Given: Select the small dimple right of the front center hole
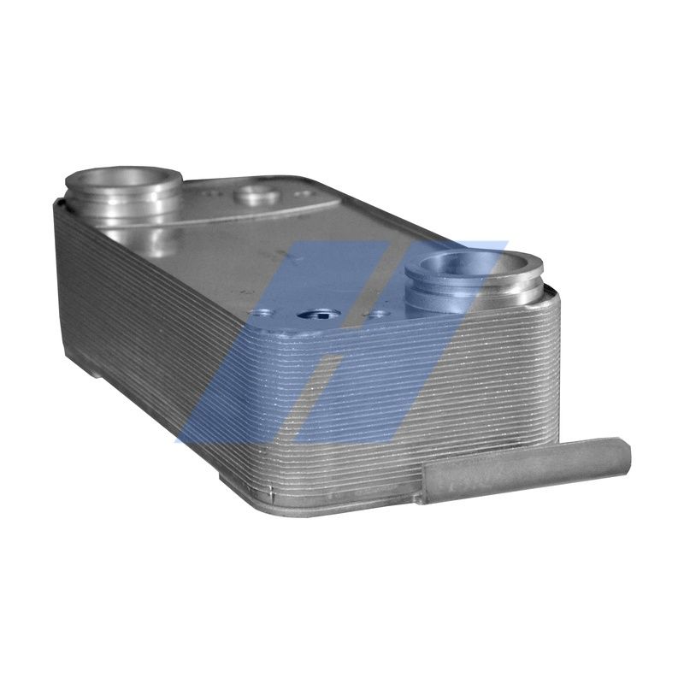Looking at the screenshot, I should pyautogui.click(x=377, y=315).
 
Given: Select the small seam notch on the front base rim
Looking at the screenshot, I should pyautogui.click(x=272, y=492).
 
